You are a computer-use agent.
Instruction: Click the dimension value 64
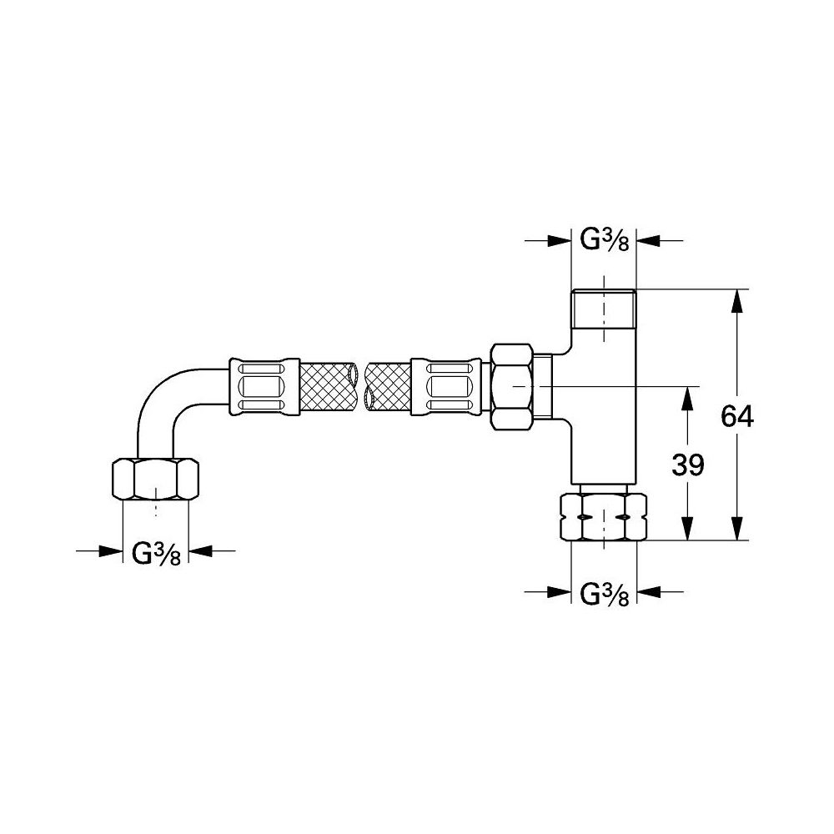tap(736, 416)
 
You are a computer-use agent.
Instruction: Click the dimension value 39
tap(687, 465)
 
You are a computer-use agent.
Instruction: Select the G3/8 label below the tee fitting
tap(603, 593)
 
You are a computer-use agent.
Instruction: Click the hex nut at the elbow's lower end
tap(156, 480)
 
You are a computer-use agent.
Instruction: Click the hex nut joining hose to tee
tap(513, 387)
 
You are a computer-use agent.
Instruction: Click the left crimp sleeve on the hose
tap(264, 387)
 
